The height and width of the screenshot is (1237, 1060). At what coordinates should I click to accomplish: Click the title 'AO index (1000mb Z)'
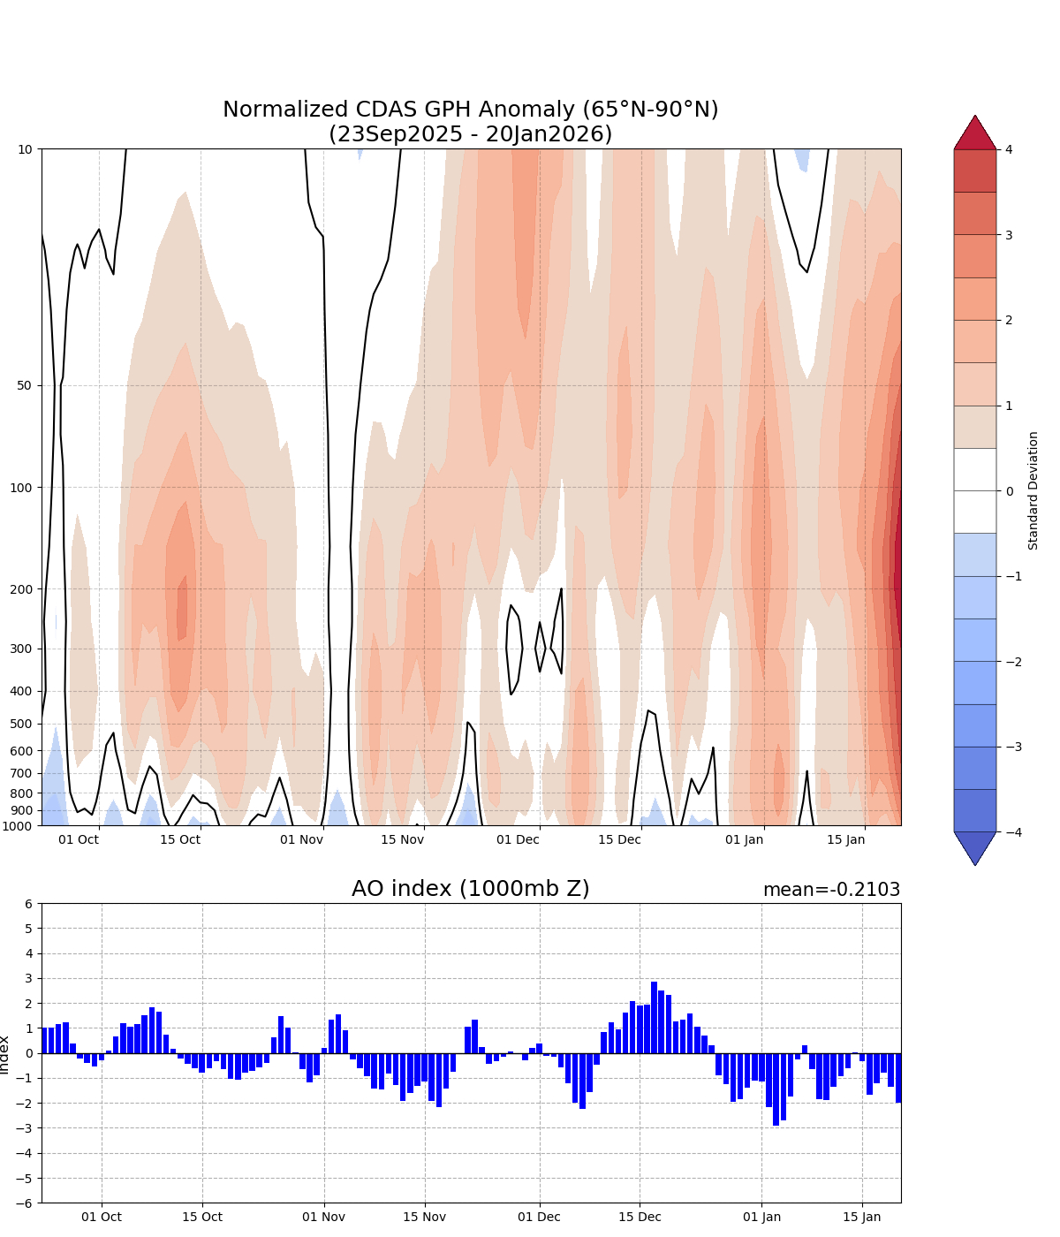(x=470, y=889)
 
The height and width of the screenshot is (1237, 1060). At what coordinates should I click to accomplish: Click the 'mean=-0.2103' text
(x=831, y=890)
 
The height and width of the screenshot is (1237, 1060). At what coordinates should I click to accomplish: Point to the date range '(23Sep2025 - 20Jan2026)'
(x=470, y=134)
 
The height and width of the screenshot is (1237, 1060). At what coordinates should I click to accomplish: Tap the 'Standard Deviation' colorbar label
(x=1033, y=490)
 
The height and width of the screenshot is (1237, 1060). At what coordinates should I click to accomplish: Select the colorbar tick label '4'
(x=1009, y=149)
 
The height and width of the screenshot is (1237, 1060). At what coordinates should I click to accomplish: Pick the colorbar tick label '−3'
(x=1012, y=747)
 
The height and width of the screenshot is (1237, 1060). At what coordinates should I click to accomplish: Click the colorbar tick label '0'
(x=1009, y=490)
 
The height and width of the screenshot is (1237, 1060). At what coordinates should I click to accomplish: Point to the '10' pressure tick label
(x=25, y=149)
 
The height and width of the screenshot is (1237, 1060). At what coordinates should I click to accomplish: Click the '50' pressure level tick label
(x=25, y=385)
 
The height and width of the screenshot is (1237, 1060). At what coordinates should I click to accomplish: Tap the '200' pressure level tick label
(x=21, y=589)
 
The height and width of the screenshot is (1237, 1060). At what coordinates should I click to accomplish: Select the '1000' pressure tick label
(x=18, y=826)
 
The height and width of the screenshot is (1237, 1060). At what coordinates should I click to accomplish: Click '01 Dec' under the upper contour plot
(x=518, y=839)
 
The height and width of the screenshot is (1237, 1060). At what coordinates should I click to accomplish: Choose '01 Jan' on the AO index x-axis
(x=762, y=1217)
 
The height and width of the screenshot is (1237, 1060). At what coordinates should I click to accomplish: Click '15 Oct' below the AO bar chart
(x=202, y=1217)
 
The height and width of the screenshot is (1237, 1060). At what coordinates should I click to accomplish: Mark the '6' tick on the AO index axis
(x=28, y=904)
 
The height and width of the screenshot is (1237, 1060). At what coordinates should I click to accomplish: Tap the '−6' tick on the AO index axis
(x=25, y=1203)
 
